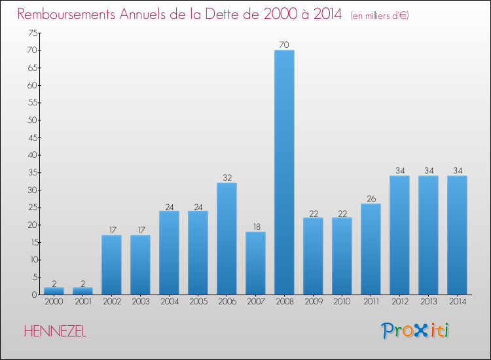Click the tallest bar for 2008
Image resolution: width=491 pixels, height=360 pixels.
click(x=284, y=172)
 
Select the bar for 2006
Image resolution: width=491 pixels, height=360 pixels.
click(x=227, y=238)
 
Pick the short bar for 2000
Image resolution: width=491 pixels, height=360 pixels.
click(x=54, y=291)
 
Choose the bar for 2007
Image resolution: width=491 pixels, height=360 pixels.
click(x=255, y=263)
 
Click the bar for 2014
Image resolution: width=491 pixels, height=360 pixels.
click(x=457, y=235)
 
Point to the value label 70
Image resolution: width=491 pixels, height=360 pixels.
click(x=284, y=45)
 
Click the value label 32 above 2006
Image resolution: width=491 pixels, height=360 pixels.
click(x=227, y=177)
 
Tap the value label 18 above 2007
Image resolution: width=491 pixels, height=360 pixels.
click(x=255, y=226)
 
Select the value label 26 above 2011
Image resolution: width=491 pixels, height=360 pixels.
click(x=371, y=198)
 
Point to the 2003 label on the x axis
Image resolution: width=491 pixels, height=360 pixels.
click(x=140, y=302)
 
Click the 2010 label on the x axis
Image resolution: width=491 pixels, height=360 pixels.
click(x=342, y=302)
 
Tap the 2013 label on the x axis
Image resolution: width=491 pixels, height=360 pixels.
click(x=428, y=302)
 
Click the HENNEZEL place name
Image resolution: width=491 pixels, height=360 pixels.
click(x=55, y=332)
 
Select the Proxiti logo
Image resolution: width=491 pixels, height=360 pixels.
click(x=415, y=331)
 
